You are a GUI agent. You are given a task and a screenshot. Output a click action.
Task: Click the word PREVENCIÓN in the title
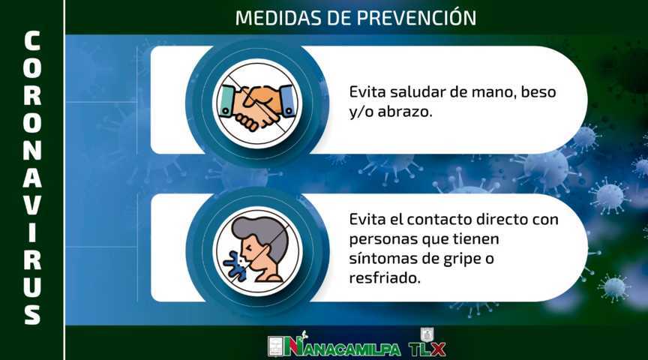click(x=416, y=17)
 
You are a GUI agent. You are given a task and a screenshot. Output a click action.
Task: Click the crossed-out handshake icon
click(x=257, y=103)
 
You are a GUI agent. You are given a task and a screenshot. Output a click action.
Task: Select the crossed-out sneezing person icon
click(x=257, y=251)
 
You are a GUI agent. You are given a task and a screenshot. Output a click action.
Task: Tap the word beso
click(x=538, y=91)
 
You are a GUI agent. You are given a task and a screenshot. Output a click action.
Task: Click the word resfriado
click(x=384, y=277)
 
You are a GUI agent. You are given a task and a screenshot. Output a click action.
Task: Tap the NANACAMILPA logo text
click(x=342, y=346)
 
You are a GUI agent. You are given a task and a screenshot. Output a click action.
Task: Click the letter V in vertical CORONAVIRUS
click(x=31, y=205)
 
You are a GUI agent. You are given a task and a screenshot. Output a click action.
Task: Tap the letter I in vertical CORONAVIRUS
click(x=31, y=232)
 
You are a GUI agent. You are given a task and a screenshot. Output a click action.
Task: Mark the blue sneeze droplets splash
click(x=234, y=264)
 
